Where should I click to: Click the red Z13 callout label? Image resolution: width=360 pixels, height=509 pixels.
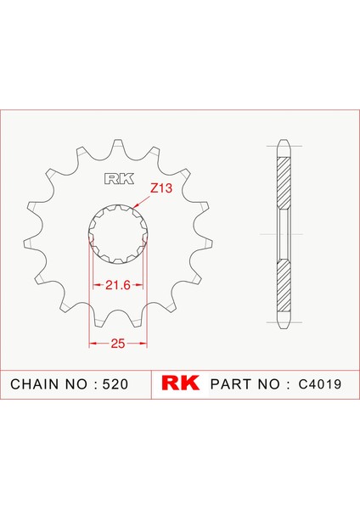tap(161, 188)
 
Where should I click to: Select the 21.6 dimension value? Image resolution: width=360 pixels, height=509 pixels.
tap(118, 285)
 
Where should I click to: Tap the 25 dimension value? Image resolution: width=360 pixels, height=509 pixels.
tap(118, 343)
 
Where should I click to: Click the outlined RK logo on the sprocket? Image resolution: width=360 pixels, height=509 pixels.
tap(119, 179)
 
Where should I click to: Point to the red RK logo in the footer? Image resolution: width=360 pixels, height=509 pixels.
tap(180, 383)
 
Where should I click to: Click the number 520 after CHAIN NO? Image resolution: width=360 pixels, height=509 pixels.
tap(115, 384)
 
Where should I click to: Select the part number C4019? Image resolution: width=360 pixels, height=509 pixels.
tap(320, 384)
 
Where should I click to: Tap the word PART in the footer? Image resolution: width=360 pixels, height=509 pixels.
tap(231, 384)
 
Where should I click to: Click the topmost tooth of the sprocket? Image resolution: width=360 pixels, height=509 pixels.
tap(119, 145)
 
